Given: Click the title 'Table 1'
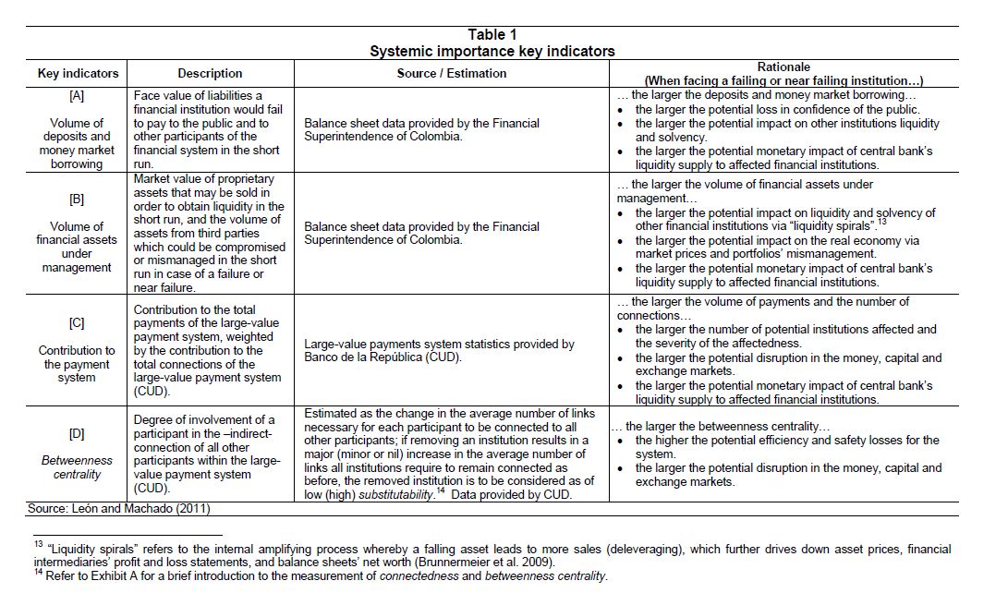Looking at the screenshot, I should pos(492,35).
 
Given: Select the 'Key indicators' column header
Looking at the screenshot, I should pos(78,74).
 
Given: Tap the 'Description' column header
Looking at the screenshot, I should pos(210,74).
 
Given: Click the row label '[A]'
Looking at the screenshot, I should pos(77,95).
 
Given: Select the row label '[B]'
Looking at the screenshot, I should pos(77,199).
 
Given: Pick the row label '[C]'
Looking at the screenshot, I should pos(77,323).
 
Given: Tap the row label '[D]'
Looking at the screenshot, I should pos(77,433).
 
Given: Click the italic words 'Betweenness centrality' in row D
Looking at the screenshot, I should pos(77,467).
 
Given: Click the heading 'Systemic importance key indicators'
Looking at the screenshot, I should pos(492,52).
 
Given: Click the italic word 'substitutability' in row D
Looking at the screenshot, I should pos(386,495).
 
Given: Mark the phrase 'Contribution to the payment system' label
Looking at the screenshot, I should pos(77,364).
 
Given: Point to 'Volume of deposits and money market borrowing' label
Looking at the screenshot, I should pos(77,143).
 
